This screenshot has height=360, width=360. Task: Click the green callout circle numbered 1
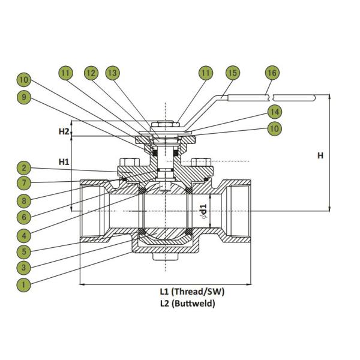tap(24, 285)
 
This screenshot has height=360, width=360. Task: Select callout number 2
tap(24, 169)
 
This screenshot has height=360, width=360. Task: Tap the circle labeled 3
tap(24, 268)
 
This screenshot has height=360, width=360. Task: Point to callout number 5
tap(24, 251)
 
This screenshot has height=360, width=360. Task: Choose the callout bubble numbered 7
tap(24, 182)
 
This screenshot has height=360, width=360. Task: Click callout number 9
tap(24, 95)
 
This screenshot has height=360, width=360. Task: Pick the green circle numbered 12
tap(91, 73)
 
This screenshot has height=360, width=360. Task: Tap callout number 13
tap(112, 73)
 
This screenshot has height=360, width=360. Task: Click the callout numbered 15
tap(232, 73)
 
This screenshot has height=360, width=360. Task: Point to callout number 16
tap(272, 73)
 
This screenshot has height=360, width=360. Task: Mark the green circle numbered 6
tap(24, 217)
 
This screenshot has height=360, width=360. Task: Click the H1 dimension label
tap(64, 161)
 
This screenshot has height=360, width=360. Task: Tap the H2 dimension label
tap(64, 131)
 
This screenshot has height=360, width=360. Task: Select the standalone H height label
tap(320, 156)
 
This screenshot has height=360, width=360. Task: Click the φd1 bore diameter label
tap(204, 211)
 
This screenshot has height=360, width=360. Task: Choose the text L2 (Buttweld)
tap(187, 304)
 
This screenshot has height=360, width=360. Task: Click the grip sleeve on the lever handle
tap(294, 97)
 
